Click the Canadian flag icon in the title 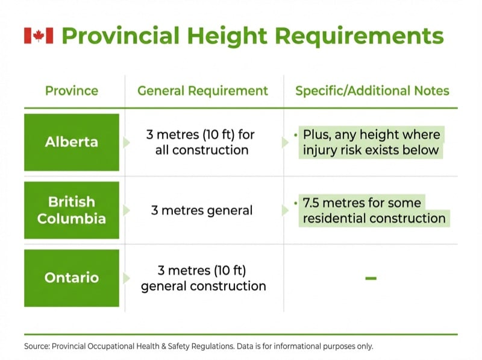pos(39,36)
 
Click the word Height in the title pos(231,36)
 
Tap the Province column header pos(71,91)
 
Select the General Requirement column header pos(202,91)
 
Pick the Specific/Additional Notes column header pos(372,91)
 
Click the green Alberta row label pos(72,142)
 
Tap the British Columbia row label pos(72,210)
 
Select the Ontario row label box pos(72,278)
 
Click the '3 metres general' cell pos(201,210)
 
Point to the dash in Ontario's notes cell pos(371,278)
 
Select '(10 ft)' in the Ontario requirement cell pos(227,270)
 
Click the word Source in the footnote pos(36,346)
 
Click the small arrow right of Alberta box pos(127,142)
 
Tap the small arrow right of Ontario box pos(127,278)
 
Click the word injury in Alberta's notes pos(321,150)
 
